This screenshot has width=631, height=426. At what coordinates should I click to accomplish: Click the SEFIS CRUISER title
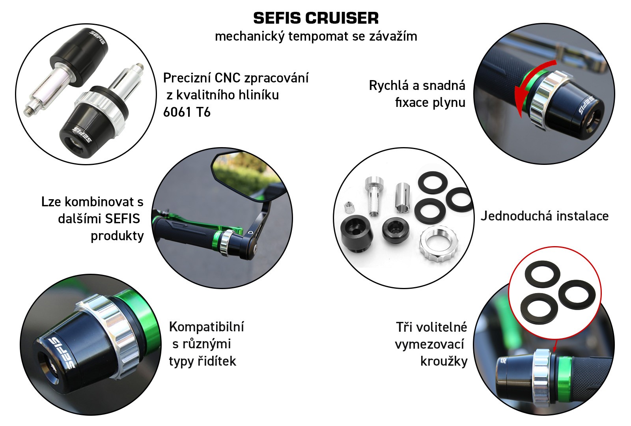(x=316, y=18)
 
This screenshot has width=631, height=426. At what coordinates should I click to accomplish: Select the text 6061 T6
(x=187, y=112)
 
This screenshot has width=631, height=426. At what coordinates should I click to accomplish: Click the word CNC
(x=227, y=78)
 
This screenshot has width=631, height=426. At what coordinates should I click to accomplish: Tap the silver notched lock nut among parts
(x=438, y=244)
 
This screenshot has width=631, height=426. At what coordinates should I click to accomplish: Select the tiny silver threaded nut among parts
(x=349, y=208)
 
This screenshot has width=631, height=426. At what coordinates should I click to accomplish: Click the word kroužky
(x=444, y=361)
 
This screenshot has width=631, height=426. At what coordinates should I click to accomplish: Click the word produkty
(x=117, y=236)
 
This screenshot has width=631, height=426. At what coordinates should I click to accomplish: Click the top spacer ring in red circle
(x=542, y=274)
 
